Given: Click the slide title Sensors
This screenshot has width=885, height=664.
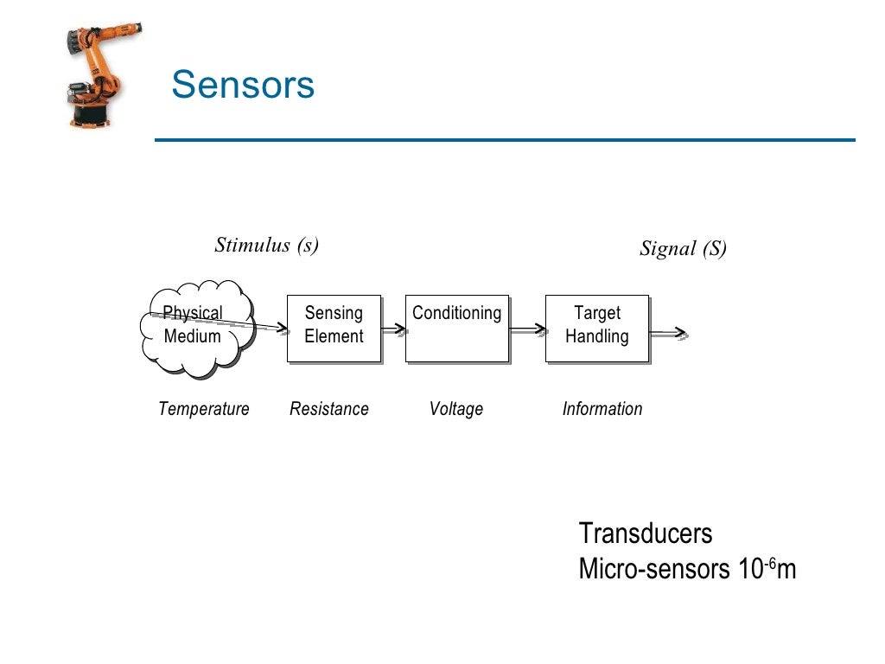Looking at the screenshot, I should point(243,86).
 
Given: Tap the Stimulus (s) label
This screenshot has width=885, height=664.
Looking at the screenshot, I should point(266,246).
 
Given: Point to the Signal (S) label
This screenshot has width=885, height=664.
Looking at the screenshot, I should point(683,249).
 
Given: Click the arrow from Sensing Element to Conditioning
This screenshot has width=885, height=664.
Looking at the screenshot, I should point(394,329).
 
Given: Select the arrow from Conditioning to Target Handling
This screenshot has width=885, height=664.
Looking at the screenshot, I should point(527,329).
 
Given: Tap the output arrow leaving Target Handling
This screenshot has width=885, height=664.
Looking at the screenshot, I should point(668,333).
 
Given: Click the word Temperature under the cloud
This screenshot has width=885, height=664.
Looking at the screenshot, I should point(204,409).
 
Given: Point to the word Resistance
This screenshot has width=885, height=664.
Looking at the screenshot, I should point(328,409).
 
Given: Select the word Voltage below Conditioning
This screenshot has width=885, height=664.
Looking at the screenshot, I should point(455,409).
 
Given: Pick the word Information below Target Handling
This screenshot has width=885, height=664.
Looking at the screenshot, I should point(602,409).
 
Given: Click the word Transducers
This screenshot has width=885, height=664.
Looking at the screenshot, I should point(646,533).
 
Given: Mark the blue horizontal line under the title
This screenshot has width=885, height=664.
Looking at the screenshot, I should point(505,140).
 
